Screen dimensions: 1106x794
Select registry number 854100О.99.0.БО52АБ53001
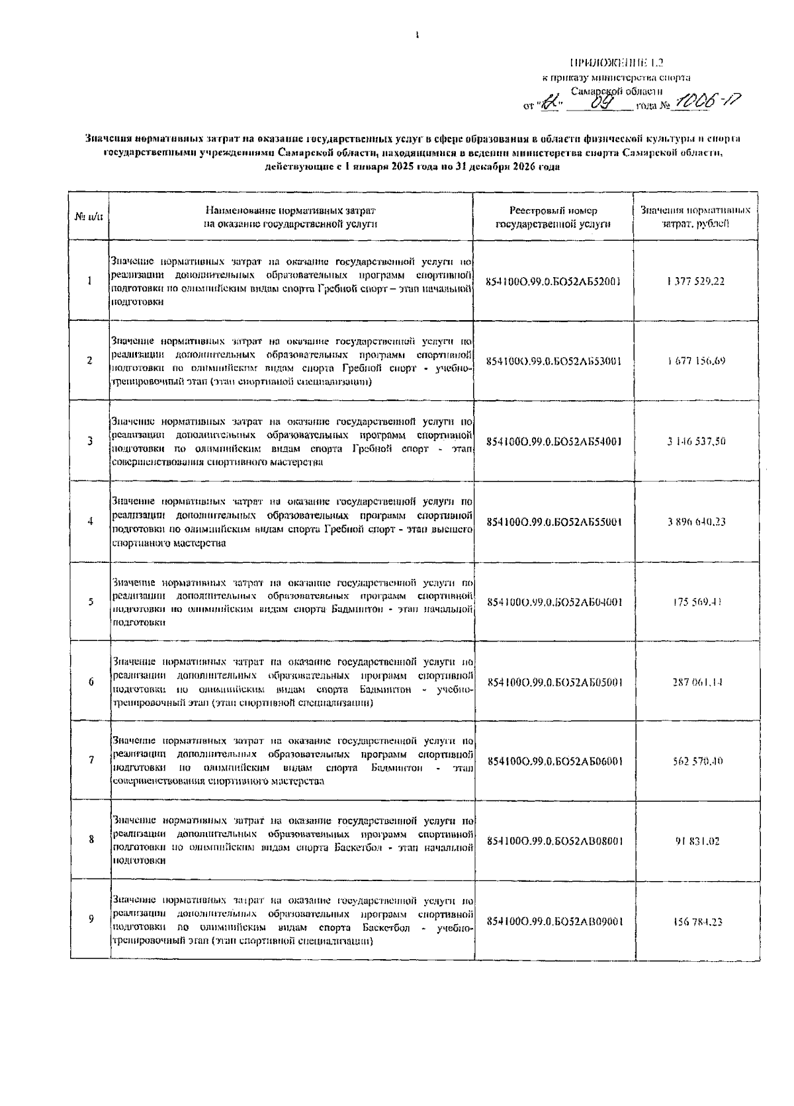553,361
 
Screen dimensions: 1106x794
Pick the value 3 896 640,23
696,521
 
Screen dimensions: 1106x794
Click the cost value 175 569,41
696,602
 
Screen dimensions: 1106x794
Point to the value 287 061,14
697,682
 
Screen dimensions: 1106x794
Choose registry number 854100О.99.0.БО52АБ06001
554,761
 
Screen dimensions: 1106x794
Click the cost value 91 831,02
697,841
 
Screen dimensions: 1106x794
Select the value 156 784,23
697,921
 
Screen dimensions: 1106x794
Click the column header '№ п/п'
90,216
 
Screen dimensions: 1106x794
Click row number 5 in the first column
90,602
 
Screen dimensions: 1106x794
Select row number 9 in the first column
91,919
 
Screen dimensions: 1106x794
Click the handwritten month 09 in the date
600,103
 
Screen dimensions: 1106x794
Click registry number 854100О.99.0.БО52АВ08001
554,841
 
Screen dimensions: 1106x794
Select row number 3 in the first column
90,441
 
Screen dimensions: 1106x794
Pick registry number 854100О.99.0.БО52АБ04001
554,602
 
